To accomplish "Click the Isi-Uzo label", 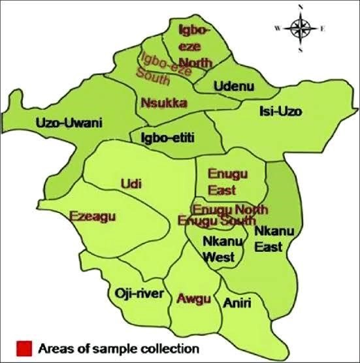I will tap(280, 111).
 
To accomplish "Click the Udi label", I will tap(131, 185).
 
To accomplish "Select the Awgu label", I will tap(194, 298).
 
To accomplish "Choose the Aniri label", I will tap(237, 303).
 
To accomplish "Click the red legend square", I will tap(25, 347).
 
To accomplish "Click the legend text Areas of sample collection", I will tap(118, 347).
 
